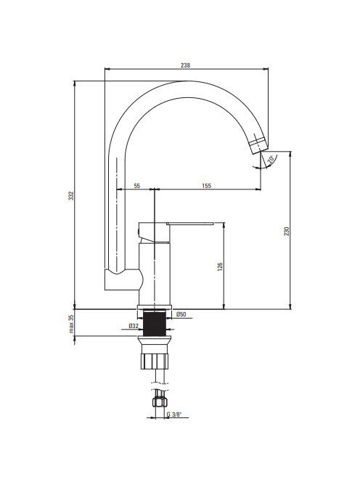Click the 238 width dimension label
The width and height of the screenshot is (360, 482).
click(185, 65)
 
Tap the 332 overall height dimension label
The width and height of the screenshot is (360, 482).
click(71, 196)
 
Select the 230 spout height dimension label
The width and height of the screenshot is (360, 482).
click(287, 231)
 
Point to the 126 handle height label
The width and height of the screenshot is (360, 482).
click(220, 266)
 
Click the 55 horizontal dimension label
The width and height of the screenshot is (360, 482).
click(136, 186)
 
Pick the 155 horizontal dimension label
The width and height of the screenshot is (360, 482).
click(207, 186)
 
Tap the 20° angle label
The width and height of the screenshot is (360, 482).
click(271, 159)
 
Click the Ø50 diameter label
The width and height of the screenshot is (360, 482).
click(181, 314)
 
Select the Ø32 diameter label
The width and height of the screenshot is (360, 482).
click(134, 326)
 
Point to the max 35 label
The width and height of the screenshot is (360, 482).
click(71, 324)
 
